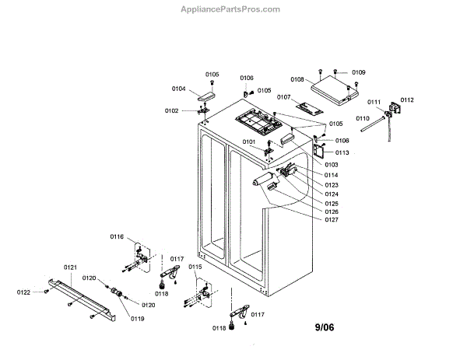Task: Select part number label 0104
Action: tap(178, 89)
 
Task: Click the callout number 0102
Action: tap(171, 110)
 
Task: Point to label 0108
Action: tap(297, 79)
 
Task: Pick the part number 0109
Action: tap(358, 72)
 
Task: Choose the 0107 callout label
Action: tap(283, 97)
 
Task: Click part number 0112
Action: tap(407, 100)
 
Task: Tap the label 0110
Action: tap(363, 118)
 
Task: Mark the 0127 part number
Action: tap(332, 219)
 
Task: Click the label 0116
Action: tap(117, 236)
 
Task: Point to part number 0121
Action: tap(70, 267)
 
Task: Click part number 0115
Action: tap(195, 267)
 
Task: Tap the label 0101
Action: tap(249, 142)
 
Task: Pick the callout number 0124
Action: tap(332, 194)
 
